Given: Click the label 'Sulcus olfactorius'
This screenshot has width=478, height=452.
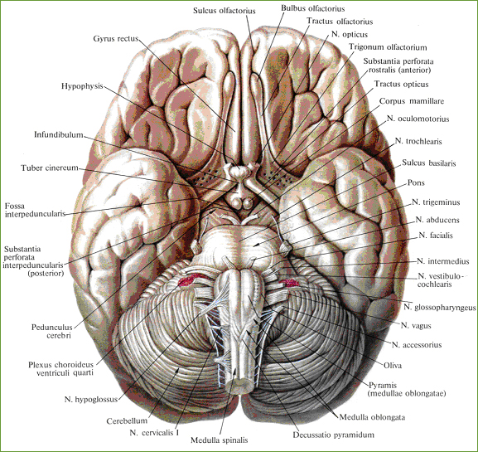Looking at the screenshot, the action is pyautogui.click(x=224, y=11).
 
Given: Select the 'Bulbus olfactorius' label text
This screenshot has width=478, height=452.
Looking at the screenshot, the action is pyautogui.click(x=313, y=8).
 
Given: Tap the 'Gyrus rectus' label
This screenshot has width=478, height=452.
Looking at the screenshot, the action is pyautogui.click(x=116, y=39).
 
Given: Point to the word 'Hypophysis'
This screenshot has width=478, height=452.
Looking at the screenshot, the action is pyautogui.click(x=82, y=86).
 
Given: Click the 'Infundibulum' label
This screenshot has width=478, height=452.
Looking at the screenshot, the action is pyautogui.click(x=59, y=134).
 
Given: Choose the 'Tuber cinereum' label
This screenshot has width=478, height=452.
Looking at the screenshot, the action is pyautogui.click(x=50, y=168).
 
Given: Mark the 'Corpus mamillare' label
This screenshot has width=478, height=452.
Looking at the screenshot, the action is pyautogui.click(x=412, y=101).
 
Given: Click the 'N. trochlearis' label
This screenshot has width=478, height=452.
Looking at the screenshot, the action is pyautogui.click(x=418, y=141).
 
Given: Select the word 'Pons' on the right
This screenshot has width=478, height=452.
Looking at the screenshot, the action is pyautogui.click(x=416, y=182).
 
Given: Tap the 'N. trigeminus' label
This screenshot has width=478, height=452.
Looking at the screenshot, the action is pyautogui.click(x=436, y=202).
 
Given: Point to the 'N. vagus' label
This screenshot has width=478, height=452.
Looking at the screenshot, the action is pyautogui.click(x=416, y=326).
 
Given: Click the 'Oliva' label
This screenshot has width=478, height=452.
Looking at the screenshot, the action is pyautogui.click(x=393, y=365).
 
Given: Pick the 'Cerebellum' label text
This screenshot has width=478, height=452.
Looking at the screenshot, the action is pyautogui.click(x=127, y=420).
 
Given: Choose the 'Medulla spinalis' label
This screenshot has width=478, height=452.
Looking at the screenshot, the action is pyautogui.click(x=220, y=440).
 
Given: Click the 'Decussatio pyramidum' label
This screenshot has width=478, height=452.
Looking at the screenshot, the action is pyautogui.click(x=334, y=435).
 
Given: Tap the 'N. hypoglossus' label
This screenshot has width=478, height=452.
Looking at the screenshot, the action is pyautogui.click(x=91, y=399).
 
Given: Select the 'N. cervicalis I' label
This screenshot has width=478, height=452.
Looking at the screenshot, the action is pyautogui.click(x=154, y=432).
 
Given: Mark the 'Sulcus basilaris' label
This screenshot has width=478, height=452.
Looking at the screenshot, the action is pyautogui.click(x=429, y=163).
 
